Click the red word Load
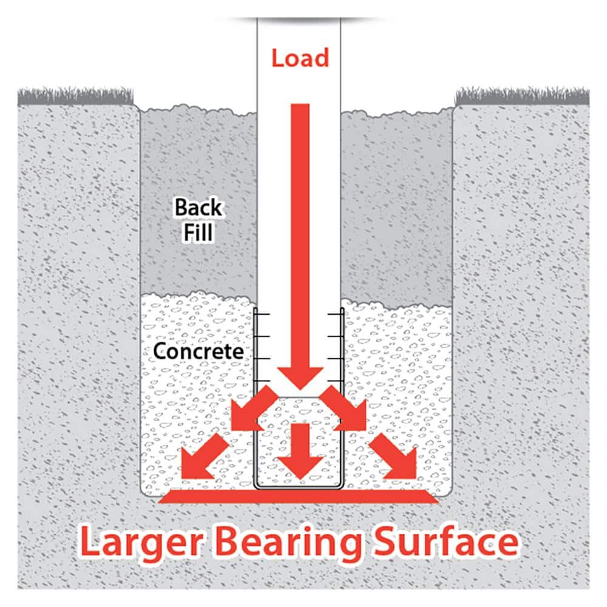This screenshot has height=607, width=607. pos(300,58)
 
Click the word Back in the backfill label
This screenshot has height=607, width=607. pos(198,207)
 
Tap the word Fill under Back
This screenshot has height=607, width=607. pos(198,232)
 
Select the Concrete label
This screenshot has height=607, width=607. pos(198,351)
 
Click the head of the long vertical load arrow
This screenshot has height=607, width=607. pos(300,378)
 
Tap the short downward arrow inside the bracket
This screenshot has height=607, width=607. pos(300,451)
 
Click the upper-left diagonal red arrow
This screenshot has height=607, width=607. pos(254,408)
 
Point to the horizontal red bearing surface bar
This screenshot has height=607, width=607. pos(299,497)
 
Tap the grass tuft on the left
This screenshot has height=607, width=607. pos(75,97)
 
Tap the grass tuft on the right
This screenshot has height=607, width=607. pos(522,97)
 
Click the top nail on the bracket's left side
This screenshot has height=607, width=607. pos(262,314)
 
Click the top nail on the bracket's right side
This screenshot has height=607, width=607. pos(335,314)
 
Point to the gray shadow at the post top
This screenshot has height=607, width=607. pos(300,19)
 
